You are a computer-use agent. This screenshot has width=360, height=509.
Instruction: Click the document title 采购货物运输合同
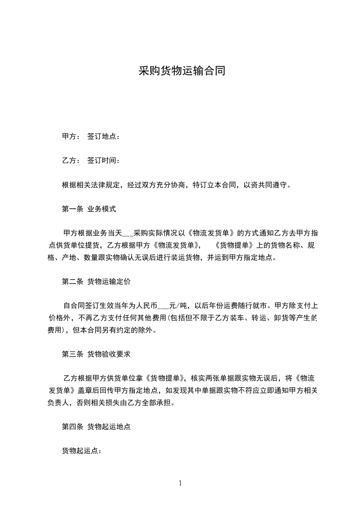(182, 72)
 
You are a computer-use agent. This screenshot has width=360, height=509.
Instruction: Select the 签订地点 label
(104, 137)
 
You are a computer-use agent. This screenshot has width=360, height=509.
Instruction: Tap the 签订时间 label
(104, 161)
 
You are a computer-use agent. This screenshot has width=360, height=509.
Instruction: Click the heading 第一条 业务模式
(89, 209)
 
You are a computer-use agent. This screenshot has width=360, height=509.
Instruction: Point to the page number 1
(180, 483)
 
